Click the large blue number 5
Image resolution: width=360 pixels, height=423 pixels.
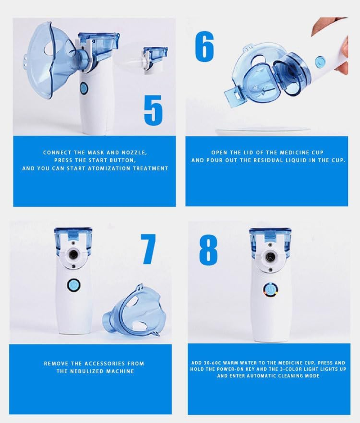(153, 109)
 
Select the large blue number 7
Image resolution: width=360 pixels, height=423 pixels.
(148, 249)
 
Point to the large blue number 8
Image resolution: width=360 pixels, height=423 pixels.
(208, 249)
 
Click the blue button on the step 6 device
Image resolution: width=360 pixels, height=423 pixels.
(320, 62)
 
